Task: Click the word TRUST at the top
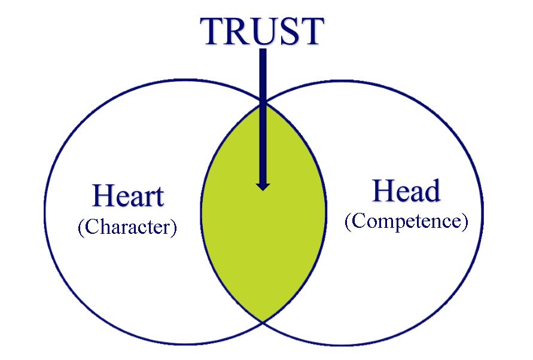click(x=263, y=31)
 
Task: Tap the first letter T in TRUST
click(x=213, y=31)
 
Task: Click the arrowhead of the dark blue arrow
click(x=263, y=186)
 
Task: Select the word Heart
click(x=129, y=196)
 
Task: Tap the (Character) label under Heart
click(x=127, y=227)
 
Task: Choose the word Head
click(x=406, y=191)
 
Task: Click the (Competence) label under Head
click(x=406, y=221)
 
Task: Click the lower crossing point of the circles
click(x=263, y=322)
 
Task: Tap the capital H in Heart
click(x=102, y=196)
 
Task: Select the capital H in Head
click(x=382, y=191)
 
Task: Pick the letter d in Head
click(x=433, y=191)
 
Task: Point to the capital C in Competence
click(x=357, y=221)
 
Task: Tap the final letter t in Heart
click(x=159, y=197)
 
